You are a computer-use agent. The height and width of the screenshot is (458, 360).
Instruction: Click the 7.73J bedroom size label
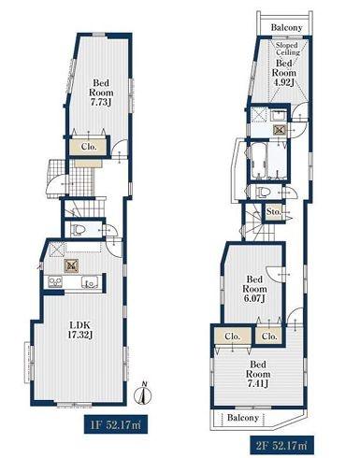tap(101, 93)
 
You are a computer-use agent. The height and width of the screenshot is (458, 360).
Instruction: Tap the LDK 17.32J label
tap(79, 330)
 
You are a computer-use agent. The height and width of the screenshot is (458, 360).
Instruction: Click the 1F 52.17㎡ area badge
tap(116, 424)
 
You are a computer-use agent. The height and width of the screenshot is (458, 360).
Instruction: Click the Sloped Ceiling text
tap(287, 49)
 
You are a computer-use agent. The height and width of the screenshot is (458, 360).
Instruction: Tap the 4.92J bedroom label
tap(283, 73)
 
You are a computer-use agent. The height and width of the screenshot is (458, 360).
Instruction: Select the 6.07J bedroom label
tap(254, 289)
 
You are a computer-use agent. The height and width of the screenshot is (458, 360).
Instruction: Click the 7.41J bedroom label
tap(258, 374)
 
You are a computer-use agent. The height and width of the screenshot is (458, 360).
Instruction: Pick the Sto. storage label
tap(273, 212)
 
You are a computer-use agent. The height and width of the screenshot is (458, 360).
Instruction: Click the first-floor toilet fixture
tap(79, 230)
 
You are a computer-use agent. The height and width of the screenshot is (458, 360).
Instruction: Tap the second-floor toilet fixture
tap(262, 192)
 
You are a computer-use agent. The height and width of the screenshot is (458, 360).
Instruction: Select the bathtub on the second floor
tap(259, 161)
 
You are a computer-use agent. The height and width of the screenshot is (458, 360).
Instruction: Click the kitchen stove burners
tap(55, 282)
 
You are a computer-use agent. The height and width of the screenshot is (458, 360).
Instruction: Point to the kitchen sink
tap(90, 282)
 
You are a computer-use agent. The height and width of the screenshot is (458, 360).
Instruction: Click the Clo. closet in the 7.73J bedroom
tap(89, 147)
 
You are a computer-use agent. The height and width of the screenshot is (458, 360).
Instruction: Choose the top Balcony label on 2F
tap(286, 27)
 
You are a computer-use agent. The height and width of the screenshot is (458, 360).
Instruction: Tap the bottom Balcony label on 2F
tap(243, 418)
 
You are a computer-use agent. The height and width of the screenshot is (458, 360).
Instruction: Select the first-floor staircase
tap(83, 208)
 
